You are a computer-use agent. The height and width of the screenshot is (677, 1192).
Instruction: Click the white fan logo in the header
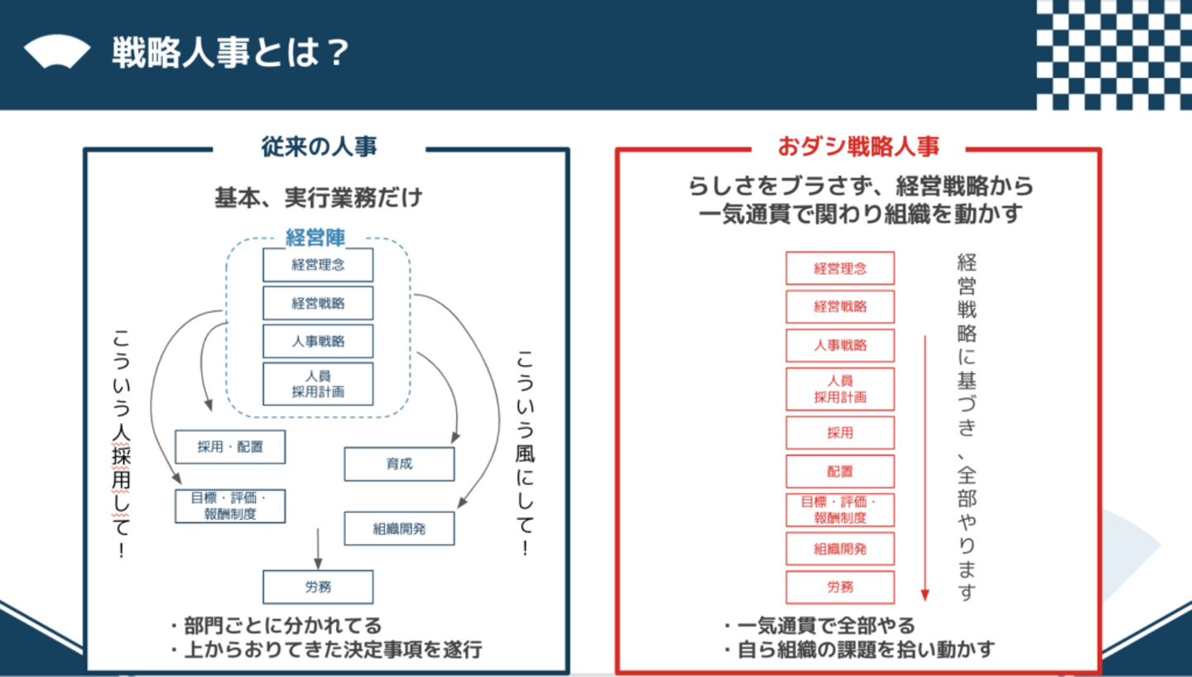click(x=57, y=51)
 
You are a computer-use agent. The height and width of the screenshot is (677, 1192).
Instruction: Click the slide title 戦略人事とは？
click(x=230, y=53)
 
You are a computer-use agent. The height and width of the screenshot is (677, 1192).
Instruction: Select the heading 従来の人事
click(x=319, y=146)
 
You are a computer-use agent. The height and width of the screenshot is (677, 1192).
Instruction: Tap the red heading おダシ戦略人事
click(x=858, y=146)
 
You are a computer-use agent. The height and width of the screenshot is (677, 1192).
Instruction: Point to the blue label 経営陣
click(x=315, y=238)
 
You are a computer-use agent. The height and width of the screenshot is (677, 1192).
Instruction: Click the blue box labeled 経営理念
click(x=318, y=265)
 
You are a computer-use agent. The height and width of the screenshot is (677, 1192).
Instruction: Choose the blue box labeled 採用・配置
click(x=230, y=447)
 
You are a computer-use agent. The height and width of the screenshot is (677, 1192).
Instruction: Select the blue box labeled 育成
click(x=400, y=464)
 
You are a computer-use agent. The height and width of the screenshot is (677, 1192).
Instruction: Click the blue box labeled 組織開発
click(x=400, y=529)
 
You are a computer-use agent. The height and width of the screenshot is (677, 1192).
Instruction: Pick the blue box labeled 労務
click(x=318, y=587)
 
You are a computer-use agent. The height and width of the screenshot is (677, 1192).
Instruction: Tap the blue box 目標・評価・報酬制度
click(x=230, y=507)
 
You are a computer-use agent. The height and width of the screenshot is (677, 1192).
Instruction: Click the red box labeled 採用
click(x=840, y=433)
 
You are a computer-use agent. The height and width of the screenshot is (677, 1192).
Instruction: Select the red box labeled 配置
click(x=840, y=472)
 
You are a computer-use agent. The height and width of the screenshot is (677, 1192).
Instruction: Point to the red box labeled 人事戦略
click(x=840, y=345)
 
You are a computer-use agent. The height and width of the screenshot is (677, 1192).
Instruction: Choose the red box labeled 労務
click(x=840, y=587)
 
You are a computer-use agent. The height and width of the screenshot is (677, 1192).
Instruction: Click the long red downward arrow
click(x=925, y=468)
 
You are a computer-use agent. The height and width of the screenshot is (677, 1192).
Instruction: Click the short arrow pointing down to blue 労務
click(x=318, y=549)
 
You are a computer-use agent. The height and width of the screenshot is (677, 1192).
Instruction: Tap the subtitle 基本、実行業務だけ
click(x=318, y=198)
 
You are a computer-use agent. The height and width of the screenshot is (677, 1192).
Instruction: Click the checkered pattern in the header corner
click(x=1114, y=55)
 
